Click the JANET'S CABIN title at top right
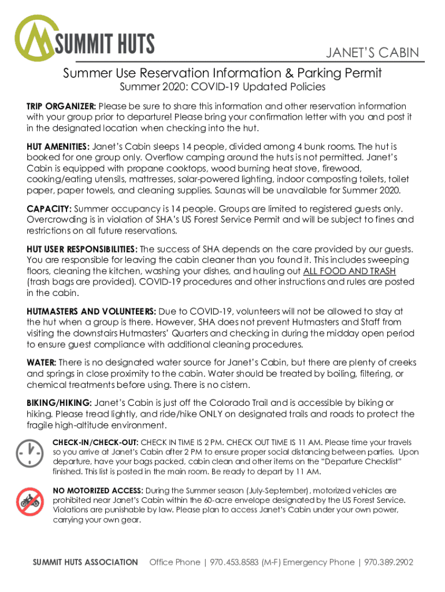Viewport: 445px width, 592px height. click(x=372, y=53)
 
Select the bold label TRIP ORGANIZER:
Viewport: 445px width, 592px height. click(x=61, y=106)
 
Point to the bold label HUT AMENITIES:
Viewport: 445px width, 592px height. click(x=58, y=147)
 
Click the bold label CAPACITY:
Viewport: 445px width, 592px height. click(x=49, y=208)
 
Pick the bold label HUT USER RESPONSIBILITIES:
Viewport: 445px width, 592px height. click(x=82, y=249)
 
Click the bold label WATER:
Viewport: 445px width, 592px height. click(x=41, y=362)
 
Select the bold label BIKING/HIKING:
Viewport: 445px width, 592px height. click(x=58, y=403)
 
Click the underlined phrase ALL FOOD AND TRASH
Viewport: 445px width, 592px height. click(x=348, y=271)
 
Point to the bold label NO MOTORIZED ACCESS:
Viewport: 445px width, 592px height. click(x=98, y=490)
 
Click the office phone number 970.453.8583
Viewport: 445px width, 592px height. click(x=234, y=562)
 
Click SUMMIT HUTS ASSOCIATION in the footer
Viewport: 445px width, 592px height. click(x=85, y=562)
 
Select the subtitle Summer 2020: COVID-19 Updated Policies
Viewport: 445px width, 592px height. click(x=222, y=87)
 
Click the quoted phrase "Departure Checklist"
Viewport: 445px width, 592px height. click(x=358, y=462)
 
